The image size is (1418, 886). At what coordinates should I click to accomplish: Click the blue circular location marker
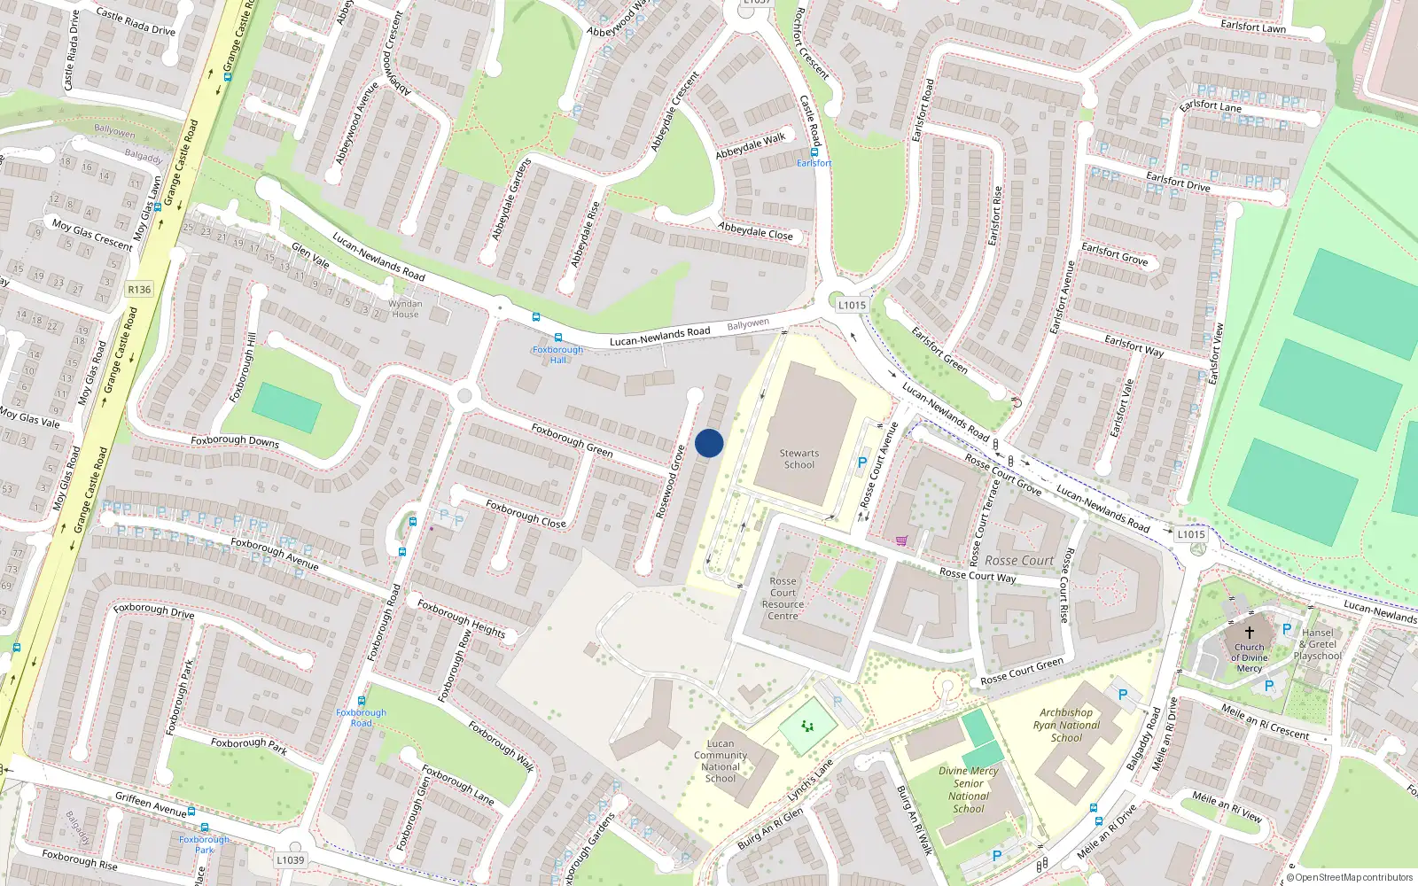pos(709,443)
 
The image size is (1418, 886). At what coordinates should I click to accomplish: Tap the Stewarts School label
pos(799,459)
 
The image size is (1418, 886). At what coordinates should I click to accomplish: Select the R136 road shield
pos(139,290)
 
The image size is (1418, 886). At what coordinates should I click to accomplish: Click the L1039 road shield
pos(290,859)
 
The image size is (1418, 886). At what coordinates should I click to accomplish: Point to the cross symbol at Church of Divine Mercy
pos(1250,633)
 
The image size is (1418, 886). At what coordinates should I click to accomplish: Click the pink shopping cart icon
pos(901,540)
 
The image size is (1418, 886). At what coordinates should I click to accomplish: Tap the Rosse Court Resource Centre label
pos(783,599)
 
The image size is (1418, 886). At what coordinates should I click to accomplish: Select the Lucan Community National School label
pos(721,761)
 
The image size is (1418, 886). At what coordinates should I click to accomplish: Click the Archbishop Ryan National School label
pos(1066,725)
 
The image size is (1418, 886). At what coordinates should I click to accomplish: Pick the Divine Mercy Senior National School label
pos(969,789)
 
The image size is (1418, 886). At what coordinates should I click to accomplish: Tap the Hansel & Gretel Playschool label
pos(1318,644)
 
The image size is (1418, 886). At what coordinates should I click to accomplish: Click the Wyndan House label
pos(405,309)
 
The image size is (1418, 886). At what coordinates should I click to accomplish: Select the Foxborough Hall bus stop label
pos(557,354)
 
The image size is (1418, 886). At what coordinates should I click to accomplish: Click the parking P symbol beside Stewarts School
pos(862,462)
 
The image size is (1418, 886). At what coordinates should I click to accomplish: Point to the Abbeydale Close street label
pos(755,231)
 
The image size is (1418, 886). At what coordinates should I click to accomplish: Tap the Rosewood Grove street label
pos(670,482)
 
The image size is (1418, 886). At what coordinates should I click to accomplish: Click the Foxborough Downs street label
pos(235,440)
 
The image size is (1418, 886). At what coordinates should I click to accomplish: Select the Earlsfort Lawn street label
pos(1252,27)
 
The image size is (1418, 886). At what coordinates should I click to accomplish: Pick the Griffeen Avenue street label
pos(151,804)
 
